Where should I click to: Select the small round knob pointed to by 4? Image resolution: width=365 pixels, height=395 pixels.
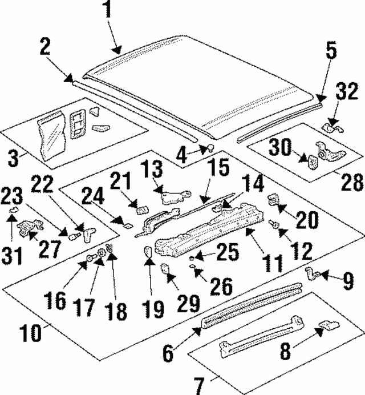point(210,148)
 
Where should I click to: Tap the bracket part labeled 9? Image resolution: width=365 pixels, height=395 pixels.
point(312,273)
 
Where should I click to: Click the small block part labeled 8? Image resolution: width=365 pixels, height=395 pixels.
point(326,325)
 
